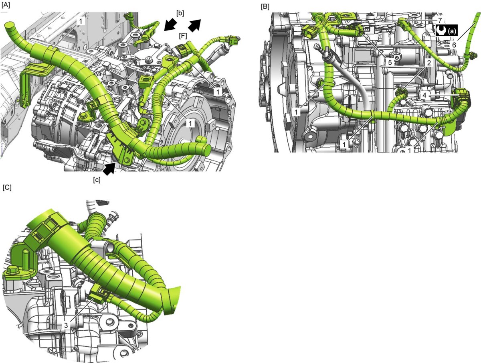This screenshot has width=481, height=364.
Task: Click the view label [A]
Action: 6,5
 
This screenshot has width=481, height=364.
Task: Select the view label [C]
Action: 7,187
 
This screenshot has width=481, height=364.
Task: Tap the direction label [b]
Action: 180,13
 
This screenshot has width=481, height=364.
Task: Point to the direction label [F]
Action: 183,36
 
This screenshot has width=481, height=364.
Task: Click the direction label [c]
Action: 97,180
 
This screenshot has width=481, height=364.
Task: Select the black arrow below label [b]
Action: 171,24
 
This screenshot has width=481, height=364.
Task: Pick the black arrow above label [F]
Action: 194,25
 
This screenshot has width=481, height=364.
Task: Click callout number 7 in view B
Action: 440,20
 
